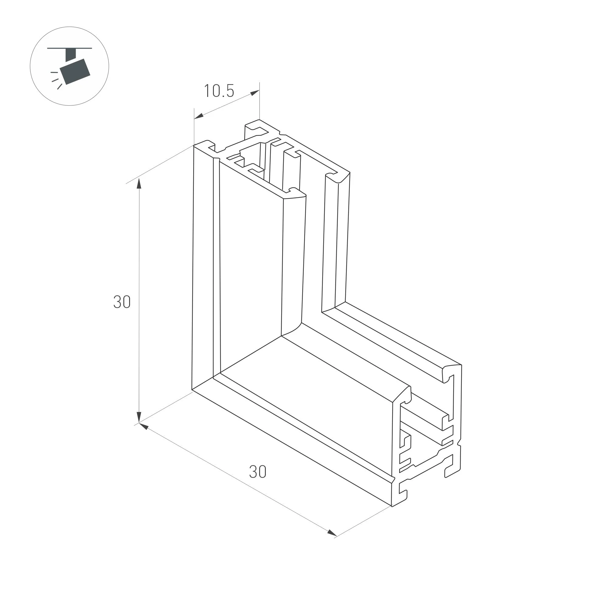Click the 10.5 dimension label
219,91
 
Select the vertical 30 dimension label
122,302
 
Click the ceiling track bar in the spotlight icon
70,48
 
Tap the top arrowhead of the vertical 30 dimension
139,183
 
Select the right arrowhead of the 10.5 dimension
255,93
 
